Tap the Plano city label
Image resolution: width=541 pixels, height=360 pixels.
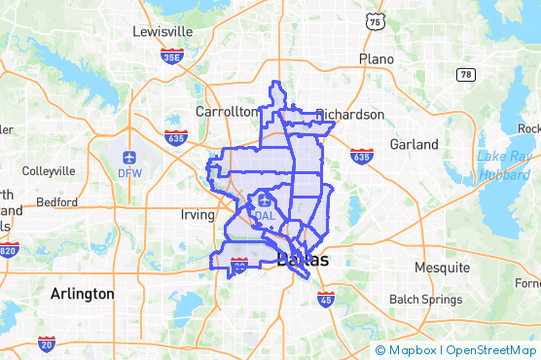(376, 58)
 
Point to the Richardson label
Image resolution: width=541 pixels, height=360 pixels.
(350, 114)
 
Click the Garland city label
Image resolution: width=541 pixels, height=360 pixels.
(414, 144)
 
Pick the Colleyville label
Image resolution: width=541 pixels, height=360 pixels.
(48, 170)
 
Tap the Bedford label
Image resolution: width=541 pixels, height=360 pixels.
(55, 202)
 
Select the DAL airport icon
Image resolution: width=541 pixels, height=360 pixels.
(266, 199)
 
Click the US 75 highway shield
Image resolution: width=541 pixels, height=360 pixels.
(375, 20)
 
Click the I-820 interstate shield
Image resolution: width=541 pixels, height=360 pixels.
(8, 250)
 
